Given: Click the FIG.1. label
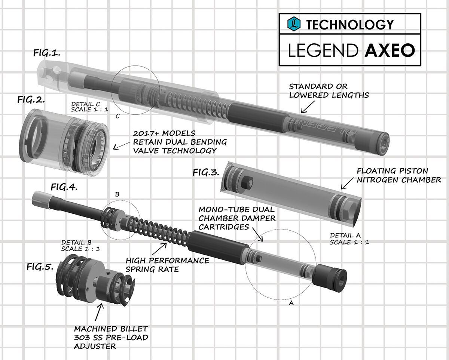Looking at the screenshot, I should [x=47, y=53].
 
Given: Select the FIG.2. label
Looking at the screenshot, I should [x=31, y=100].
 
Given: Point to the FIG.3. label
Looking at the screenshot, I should [x=206, y=172].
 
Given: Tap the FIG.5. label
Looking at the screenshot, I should [x=40, y=267].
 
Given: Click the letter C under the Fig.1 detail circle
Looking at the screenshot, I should [x=117, y=116].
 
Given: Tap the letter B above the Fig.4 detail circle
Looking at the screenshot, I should [x=117, y=195].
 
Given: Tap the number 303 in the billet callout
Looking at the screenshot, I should [x=82, y=338].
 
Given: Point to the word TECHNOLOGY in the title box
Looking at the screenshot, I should [x=350, y=25].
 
